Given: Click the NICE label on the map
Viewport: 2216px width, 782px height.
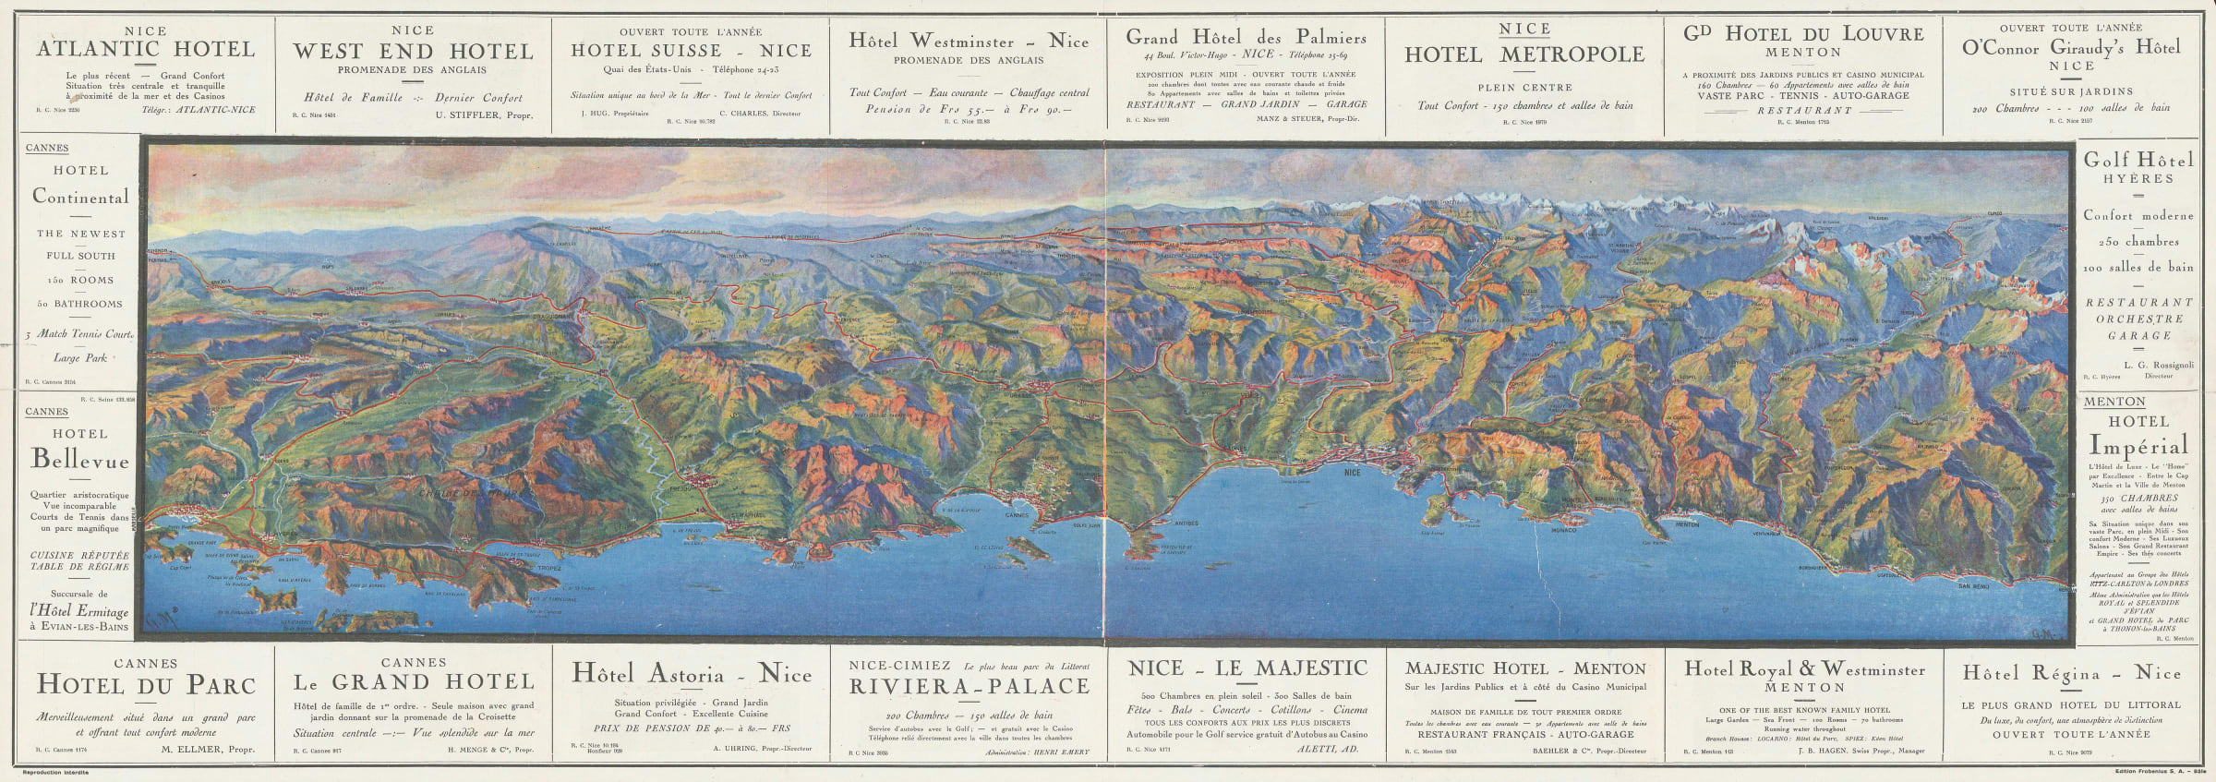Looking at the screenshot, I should point(1354,473).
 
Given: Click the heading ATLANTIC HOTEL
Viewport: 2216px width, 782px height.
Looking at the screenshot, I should point(145,50).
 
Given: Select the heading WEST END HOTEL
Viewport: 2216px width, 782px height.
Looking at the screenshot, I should point(413,51).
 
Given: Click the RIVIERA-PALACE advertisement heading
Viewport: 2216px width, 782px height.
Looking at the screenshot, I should point(969,686).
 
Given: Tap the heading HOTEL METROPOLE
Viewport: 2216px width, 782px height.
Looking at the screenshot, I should point(1524,55).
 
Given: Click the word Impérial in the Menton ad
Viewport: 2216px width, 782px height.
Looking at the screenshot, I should point(2138,445).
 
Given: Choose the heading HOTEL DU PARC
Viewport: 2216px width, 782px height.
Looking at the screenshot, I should point(146,685).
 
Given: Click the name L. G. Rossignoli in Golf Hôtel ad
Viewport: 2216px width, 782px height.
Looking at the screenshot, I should point(2158,365).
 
